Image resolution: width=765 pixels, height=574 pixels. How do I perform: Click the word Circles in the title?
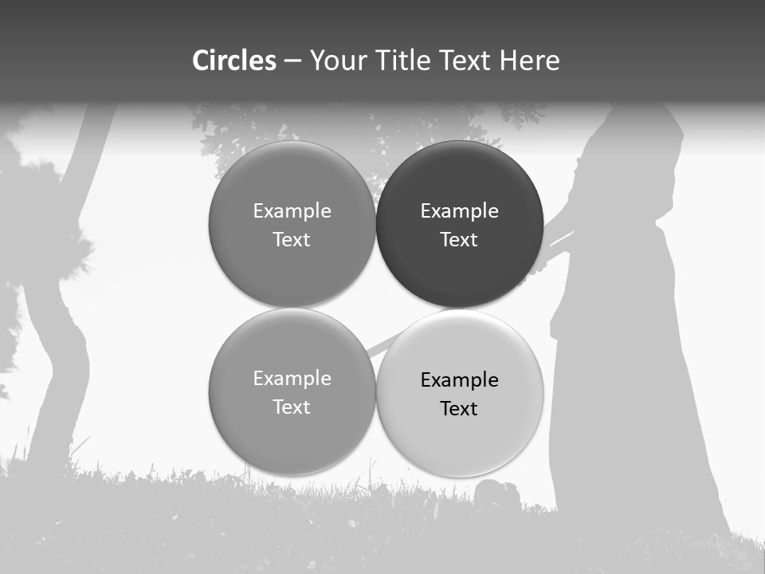click(234, 61)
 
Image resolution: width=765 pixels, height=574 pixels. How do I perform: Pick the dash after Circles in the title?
click(292, 61)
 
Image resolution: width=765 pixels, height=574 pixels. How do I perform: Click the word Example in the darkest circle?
click(459, 210)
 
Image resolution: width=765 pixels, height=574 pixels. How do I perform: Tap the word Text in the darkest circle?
click(459, 239)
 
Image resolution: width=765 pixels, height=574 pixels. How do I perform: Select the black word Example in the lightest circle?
click(459, 379)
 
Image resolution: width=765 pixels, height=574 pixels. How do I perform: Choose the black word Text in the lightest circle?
click(459, 408)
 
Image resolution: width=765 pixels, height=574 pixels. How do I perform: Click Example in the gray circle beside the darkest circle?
click(292, 210)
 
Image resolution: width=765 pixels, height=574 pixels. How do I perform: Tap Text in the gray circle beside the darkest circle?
click(292, 239)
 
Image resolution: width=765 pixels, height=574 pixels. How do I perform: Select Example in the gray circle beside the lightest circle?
click(292, 378)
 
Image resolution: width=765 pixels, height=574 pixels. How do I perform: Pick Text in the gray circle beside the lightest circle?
click(292, 407)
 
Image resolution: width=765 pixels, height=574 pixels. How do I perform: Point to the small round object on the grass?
click(497, 495)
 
